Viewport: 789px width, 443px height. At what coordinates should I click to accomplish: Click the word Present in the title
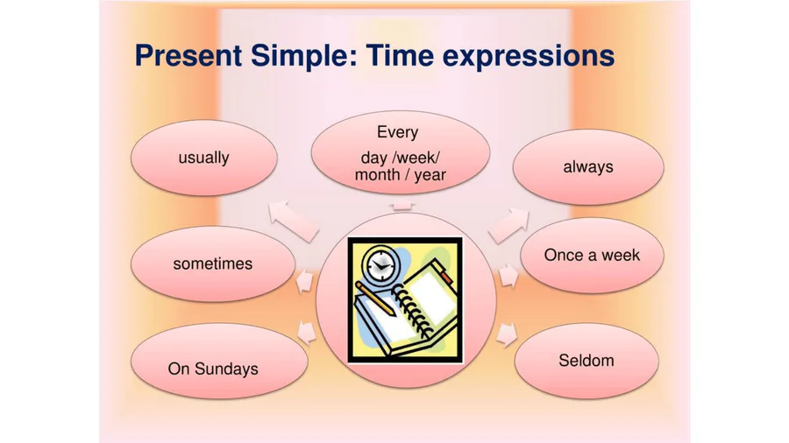(188, 55)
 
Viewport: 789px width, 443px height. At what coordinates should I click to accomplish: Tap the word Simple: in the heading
(304, 56)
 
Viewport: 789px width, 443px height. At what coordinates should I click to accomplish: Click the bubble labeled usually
(203, 158)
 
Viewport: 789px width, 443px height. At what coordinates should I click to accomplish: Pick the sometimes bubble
(213, 264)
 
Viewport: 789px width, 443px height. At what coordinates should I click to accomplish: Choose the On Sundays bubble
(219, 361)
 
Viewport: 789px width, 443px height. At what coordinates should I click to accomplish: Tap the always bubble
(588, 166)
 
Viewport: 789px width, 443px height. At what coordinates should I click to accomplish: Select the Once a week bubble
(592, 255)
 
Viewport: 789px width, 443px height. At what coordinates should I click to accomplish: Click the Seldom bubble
(586, 361)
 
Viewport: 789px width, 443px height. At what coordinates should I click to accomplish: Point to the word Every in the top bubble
(397, 132)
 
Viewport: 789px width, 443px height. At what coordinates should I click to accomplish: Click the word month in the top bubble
(377, 175)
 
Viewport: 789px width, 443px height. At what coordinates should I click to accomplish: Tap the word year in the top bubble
(430, 175)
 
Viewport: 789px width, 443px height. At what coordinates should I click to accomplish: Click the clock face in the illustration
(380, 264)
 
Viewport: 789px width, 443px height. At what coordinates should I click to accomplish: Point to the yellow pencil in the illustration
(376, 299)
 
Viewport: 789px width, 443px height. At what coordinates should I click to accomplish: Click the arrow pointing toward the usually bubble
(294, 221)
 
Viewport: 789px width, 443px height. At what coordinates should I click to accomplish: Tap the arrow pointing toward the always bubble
(508, 226)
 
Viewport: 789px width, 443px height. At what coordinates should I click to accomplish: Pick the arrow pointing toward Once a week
(508, 275)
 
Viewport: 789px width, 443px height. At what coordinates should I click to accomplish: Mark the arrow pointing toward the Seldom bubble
(506, 335)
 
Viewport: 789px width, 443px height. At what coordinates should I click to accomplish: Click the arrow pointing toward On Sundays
(307, 333)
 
